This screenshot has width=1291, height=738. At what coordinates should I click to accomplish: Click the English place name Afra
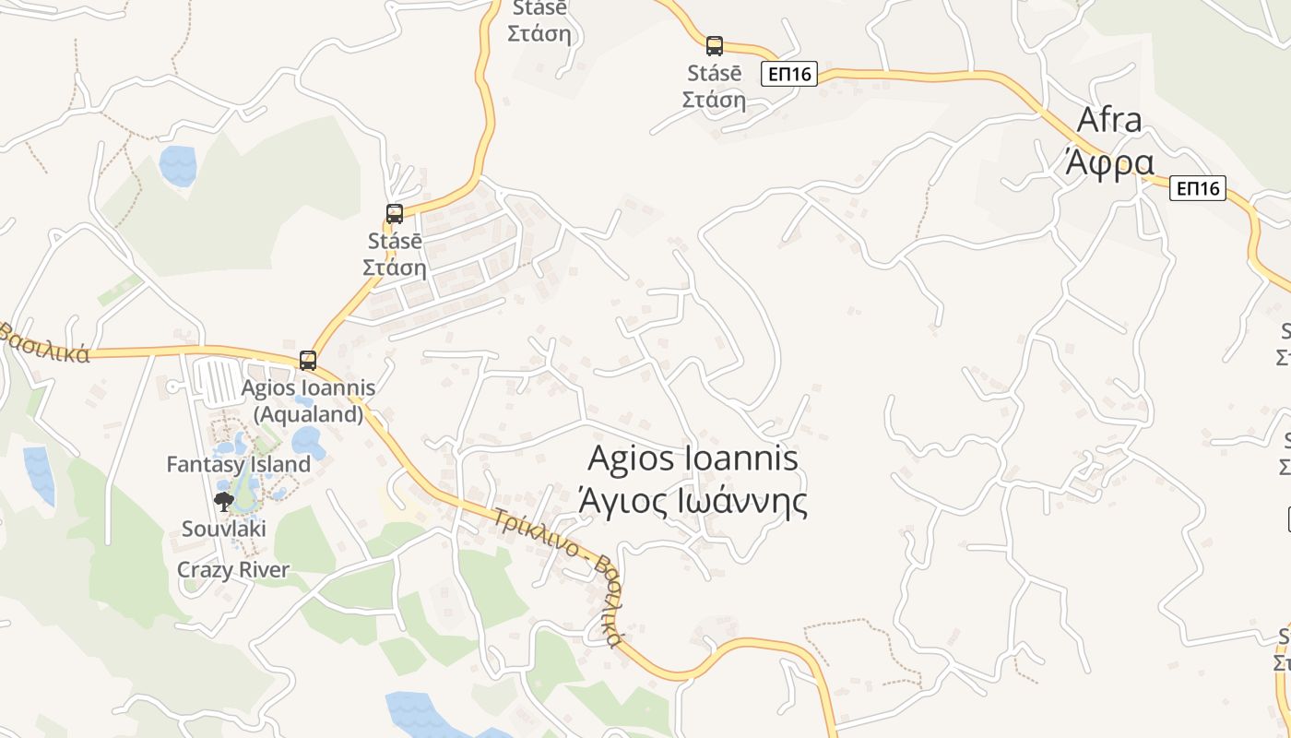[x=1109, y=120]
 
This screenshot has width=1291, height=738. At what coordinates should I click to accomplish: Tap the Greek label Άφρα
[x=1109, y=162]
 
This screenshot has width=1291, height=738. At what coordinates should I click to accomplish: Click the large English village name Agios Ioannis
[x=693, y=458]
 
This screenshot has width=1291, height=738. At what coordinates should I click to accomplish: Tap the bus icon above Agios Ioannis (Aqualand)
[x=308, y=361]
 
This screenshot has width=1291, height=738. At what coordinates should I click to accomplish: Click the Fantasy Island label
[x=238, y=464]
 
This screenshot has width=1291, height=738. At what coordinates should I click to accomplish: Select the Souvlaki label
[x=224, y=529]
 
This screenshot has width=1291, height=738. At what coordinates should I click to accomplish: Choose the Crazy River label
[x=233, y=570]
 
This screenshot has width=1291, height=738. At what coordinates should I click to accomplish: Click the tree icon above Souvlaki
[x=223, y=502]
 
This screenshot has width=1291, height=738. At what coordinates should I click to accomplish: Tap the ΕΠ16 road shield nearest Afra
[x=1198, y=189]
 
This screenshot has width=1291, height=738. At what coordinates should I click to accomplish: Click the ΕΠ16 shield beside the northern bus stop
[x=789, y=74]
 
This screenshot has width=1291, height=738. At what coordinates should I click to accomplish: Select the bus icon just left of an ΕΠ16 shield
[x=715, y=45]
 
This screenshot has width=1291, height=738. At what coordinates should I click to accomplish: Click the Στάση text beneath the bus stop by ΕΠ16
[x=714, y=99]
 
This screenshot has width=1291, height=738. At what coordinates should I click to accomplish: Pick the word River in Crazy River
[x=266, y=570]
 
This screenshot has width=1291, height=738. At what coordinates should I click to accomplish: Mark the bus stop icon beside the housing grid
[x=395, y=214]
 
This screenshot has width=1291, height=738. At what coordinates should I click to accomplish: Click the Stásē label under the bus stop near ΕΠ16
[x=714, y=73]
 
